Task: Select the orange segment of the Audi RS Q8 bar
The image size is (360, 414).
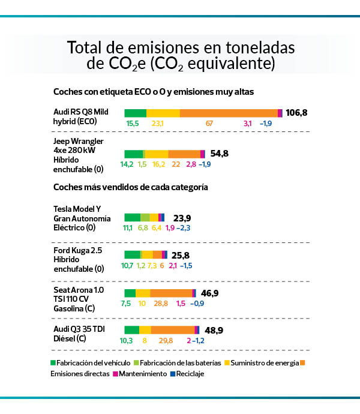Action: click(229, 113)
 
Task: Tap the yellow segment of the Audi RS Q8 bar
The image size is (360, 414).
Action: click(163, 113)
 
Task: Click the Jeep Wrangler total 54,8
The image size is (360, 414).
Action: click(220, 154)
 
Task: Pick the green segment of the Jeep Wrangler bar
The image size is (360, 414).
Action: click(133, 154)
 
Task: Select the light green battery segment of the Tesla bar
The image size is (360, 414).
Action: click(145, 218)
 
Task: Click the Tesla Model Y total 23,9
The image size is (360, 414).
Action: click(182, 218)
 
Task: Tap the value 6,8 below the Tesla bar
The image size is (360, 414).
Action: click(143, 228)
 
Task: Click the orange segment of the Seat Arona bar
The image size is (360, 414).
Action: click(171, 293)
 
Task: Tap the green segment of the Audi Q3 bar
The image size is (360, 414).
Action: click(131, 330)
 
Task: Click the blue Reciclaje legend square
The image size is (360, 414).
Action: click(172, 373)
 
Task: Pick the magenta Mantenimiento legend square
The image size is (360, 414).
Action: click(115, 373)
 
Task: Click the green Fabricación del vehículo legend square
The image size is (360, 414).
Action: click(53, 362)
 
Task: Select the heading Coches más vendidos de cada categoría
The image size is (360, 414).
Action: click(130, 187)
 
